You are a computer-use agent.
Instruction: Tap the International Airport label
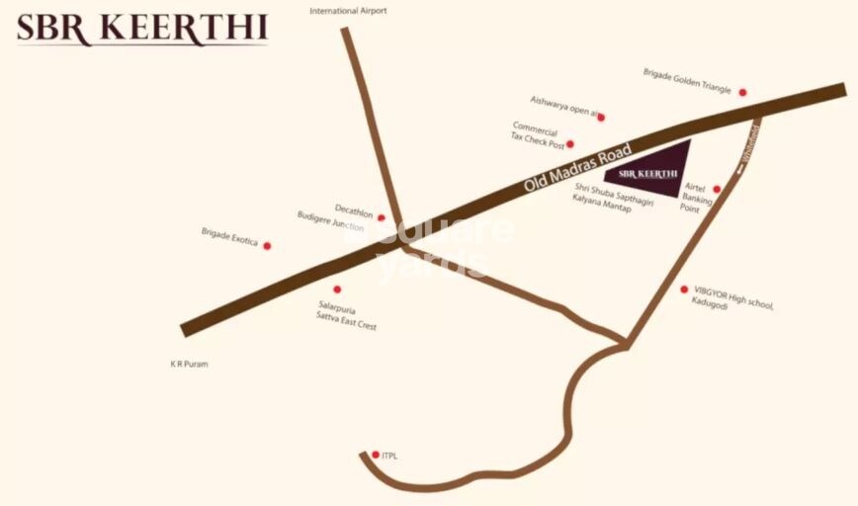348,11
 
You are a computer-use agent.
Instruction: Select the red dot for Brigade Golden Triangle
742,93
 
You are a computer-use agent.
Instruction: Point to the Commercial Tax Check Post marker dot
569,144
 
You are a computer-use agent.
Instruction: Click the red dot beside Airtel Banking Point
717,189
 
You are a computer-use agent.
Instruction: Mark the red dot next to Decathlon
382,217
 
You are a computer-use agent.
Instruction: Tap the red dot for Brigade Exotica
267,246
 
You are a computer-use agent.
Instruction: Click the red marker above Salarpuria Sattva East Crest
337,290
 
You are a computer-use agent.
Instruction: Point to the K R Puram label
189,364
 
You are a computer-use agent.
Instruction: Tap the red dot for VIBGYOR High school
684,290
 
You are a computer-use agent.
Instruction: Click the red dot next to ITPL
376,455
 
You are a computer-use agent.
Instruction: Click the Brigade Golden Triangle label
687,81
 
